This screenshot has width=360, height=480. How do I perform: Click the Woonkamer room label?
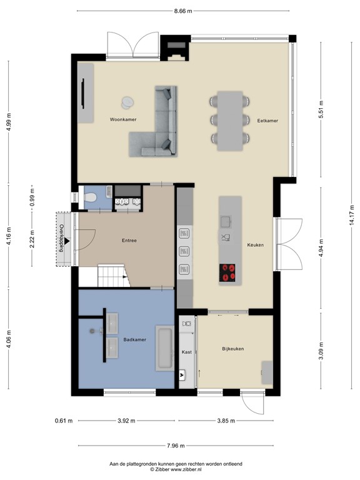[123, 119]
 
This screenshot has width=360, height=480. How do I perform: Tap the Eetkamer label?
[267, 120]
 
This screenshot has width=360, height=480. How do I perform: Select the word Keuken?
[255, 245]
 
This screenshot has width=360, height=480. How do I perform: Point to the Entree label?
[129, 241]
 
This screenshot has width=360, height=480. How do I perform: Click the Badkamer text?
[134, 340]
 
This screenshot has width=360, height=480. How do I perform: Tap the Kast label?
[186, 352]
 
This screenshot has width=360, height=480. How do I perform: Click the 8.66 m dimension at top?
[184, 11]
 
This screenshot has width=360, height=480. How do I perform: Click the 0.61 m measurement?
[63, 421]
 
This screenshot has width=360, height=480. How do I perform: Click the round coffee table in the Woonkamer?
[127, 102]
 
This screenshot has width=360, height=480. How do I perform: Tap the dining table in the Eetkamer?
[231, 119]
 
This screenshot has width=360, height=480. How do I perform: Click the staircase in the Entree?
[112, 275]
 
